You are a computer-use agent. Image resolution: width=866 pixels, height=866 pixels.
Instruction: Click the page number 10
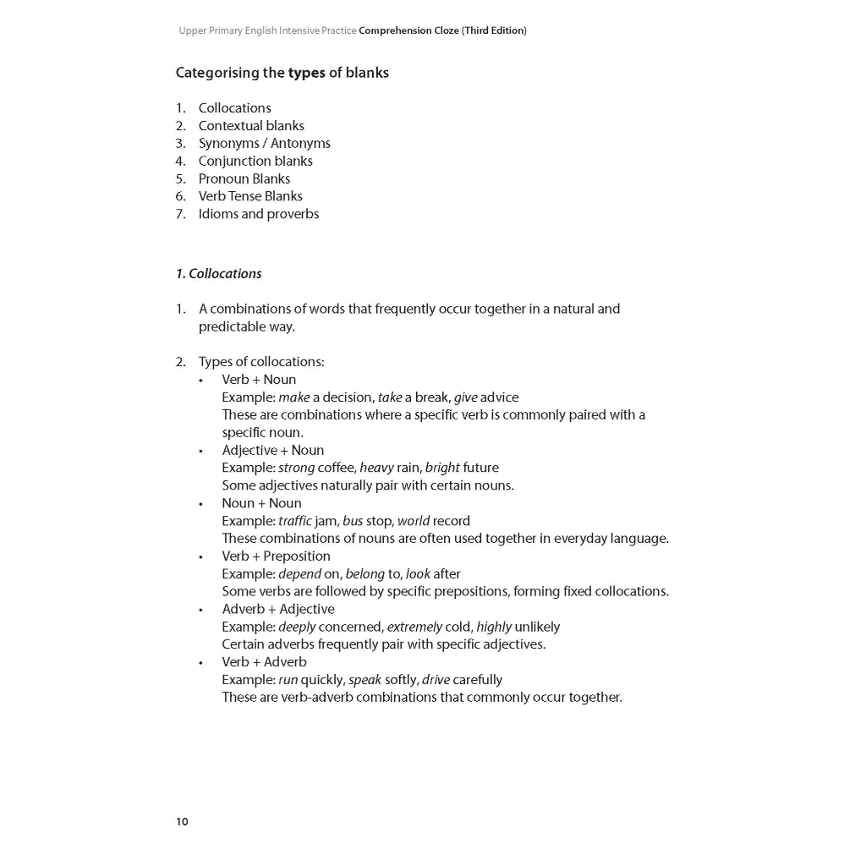tap(183, 822)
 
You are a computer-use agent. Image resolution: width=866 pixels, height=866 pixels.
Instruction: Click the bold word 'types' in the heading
tap(306, 73)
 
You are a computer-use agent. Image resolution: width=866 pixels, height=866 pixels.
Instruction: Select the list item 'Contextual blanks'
tap(251, 126)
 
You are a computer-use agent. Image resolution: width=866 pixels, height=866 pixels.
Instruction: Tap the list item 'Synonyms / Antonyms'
tap(264, 144)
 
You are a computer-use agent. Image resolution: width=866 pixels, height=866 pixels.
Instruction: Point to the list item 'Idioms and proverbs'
tap(259, 214)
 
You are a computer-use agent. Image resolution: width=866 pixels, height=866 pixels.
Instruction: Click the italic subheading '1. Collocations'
tap(219, 274)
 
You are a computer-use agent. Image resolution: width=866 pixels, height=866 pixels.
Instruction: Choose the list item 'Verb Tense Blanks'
tap(250, 196)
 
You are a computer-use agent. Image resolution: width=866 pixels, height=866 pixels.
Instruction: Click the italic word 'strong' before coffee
tap(296, 468)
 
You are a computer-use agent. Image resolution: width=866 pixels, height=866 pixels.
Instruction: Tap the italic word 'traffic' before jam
tap(295, 521)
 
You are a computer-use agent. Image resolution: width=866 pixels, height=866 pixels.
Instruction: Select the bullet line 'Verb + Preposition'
tap(276, 556)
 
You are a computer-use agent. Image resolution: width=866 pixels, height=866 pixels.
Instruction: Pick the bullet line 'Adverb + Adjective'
tap(278, 609)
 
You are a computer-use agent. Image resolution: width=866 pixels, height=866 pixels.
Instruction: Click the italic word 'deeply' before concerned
tap(297, 627)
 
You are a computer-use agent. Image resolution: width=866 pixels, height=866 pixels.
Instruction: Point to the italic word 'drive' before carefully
tap(436, 680)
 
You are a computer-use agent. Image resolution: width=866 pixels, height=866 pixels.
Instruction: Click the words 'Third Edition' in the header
tap(495, 30)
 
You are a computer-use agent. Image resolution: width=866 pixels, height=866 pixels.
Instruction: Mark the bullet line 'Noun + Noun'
tap(261, 503)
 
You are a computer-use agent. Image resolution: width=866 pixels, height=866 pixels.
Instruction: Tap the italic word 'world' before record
tap(414, 521)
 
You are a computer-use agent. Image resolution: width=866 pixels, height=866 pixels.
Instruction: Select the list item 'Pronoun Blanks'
tap(244, 178)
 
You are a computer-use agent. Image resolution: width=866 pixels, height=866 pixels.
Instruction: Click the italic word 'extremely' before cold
tap(414, 627)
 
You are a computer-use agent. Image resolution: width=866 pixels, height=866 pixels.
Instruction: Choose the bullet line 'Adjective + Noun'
tap(273, 450)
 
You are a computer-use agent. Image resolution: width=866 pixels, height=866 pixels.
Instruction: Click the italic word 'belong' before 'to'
tap(364, 574)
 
